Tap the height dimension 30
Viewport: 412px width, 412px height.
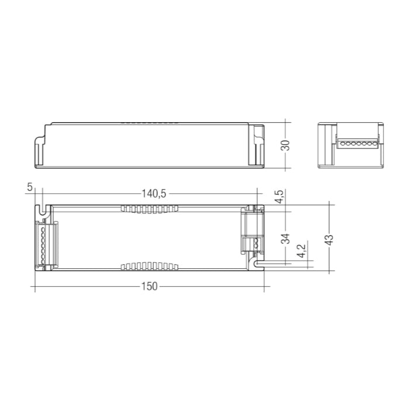point(285,145)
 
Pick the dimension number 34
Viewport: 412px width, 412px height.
point(285,239)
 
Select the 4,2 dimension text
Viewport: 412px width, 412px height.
point(301,252)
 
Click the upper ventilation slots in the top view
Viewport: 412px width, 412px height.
point(148,209)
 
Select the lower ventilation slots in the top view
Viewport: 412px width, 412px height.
point(148,266)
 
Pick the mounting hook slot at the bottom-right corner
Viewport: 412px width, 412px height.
point(257,265)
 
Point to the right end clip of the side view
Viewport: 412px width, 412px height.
point(258,146)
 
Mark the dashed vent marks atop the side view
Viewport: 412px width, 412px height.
point(151,123)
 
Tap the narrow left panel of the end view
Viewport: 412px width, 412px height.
point(325,146)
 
